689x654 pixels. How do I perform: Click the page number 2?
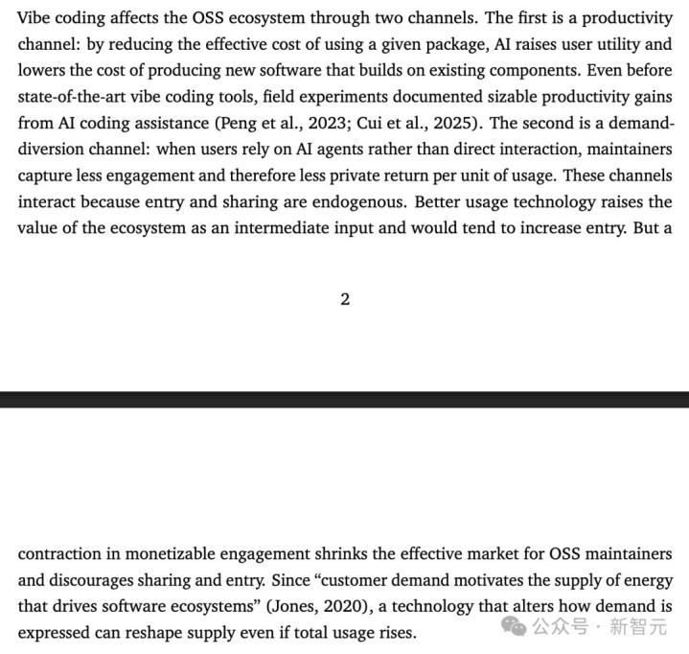tap(345, 299)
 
